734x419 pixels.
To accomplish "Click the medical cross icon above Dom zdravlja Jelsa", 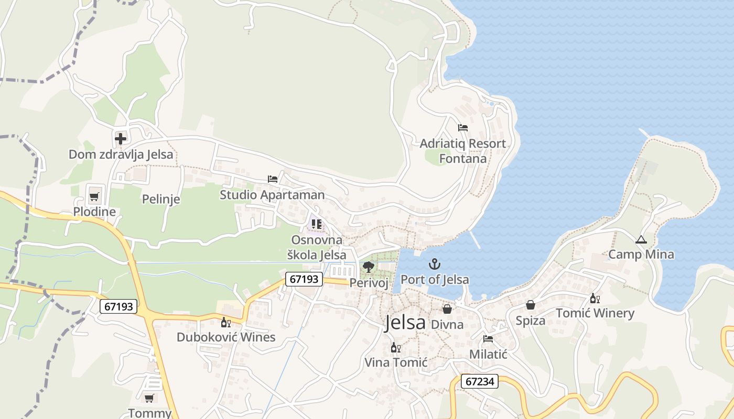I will (121, 139).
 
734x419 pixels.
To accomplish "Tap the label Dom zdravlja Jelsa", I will (121, 155).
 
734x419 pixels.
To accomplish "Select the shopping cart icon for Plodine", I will (94, 197).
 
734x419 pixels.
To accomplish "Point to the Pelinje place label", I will (161, 199).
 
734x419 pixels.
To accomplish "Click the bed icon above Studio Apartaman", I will (272, 179).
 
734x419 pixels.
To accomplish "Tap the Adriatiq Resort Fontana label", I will (463, 151).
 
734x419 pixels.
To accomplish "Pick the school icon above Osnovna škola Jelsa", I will (316, 224).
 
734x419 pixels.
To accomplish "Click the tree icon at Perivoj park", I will (369, 267).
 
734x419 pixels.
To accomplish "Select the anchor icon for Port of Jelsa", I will (434, 264).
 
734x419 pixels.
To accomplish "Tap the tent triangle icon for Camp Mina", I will (641, 240).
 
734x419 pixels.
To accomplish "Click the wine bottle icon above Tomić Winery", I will (595, 299).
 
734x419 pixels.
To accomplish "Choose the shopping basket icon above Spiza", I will (531, 305).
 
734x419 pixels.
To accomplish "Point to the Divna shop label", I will (447, 325).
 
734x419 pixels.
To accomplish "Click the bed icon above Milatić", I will (488, 339).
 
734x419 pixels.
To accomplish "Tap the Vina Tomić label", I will (396, 362).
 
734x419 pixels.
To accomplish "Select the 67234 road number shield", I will (479, 381).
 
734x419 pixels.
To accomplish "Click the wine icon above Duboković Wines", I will (225, 322).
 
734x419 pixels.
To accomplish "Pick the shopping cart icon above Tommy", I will (149, 398).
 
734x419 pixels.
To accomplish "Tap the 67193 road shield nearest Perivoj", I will (304, 279).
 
